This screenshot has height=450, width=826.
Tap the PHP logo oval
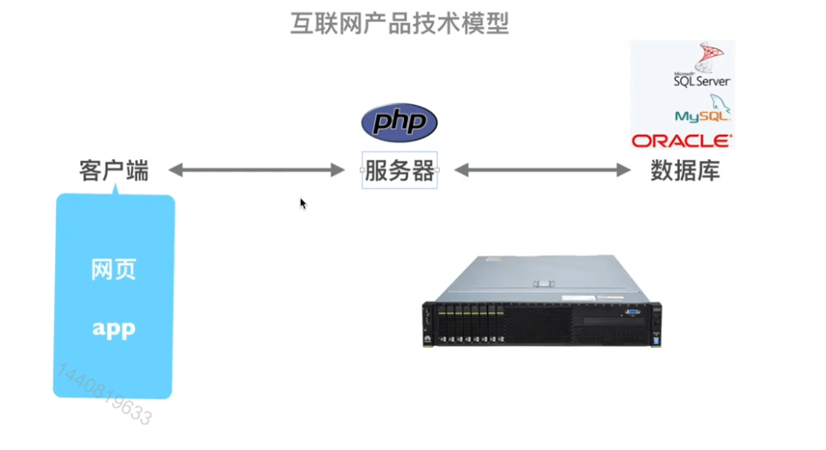[x=399, y=123]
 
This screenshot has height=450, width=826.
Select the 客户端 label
[x=114, y=170]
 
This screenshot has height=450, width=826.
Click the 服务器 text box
[x=399, y=171]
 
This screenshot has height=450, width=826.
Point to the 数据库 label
[x=685, y=170]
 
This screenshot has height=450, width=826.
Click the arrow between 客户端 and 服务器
[x=257, y=170]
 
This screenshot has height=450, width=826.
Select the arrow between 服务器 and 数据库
[x=542, y=170]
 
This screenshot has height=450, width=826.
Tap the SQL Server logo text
[x=701, y=80]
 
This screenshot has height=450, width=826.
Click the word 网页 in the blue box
[x=114, y=270]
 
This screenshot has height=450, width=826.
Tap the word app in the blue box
[x=114, y=329]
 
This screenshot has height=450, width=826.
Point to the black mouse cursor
[x=302, y=203]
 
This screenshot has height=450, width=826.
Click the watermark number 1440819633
[x=104, y=395]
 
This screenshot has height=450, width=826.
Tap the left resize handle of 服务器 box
[x=362, y=170]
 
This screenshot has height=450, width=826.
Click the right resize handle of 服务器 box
[x=437, y=170]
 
